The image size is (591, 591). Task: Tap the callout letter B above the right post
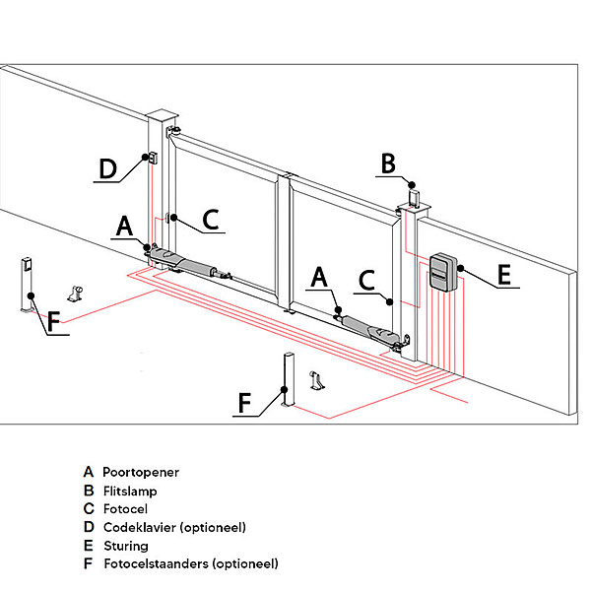(x=388, y=163)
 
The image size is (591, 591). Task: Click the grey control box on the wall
(x=443, y=271)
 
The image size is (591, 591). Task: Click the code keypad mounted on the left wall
(x=153, y=158)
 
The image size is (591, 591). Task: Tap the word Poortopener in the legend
(x=141, y=473)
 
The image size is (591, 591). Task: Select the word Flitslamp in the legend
(x=130, y=491)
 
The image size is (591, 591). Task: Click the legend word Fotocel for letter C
(x=125, y=509)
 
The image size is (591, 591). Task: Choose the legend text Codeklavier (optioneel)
(x=174, y=527)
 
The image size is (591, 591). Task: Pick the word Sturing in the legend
(x=125, y=546)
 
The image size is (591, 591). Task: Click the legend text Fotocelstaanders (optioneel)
(x=190, y=563)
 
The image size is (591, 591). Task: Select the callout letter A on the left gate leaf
(x=124, y=227)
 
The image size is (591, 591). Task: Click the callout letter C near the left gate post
(x=210, y=219)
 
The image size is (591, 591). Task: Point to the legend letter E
(x=89, y=546)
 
